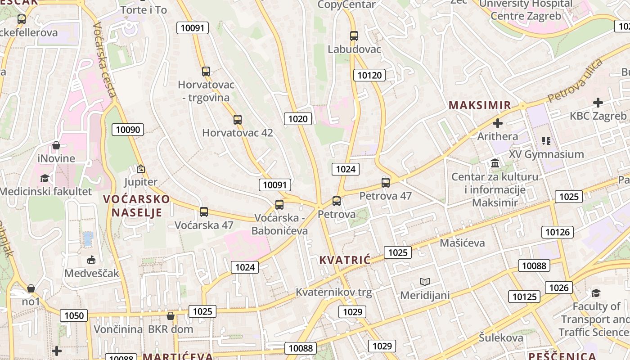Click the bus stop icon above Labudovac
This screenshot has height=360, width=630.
(354, 36)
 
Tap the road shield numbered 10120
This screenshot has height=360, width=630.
(369, 75)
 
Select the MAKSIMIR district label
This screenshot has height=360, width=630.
(480, 105)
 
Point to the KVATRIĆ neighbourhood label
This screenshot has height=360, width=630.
(345, 260)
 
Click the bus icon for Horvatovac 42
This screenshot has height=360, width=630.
(238, 120)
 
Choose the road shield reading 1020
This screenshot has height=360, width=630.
(298, 119)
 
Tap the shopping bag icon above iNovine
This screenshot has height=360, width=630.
(56, 145)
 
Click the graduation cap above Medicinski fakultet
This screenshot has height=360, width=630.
(45, 179)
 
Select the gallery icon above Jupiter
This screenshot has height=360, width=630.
(141, 169)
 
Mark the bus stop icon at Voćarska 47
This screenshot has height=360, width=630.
(204, 212)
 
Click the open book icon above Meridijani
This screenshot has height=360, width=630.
(425, 282)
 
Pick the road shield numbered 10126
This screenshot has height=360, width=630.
(558, 232)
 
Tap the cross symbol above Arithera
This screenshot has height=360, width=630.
(498, 123)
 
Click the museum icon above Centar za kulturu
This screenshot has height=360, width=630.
(495, 163)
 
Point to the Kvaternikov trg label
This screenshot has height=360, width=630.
(333, 292)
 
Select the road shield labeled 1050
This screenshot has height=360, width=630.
(74, 315)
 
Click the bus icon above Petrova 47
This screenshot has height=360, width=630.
(386, 183)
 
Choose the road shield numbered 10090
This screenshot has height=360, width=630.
(128, 130)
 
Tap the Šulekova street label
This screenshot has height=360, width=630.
(501, 338)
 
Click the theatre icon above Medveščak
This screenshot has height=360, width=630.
(91, 260)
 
